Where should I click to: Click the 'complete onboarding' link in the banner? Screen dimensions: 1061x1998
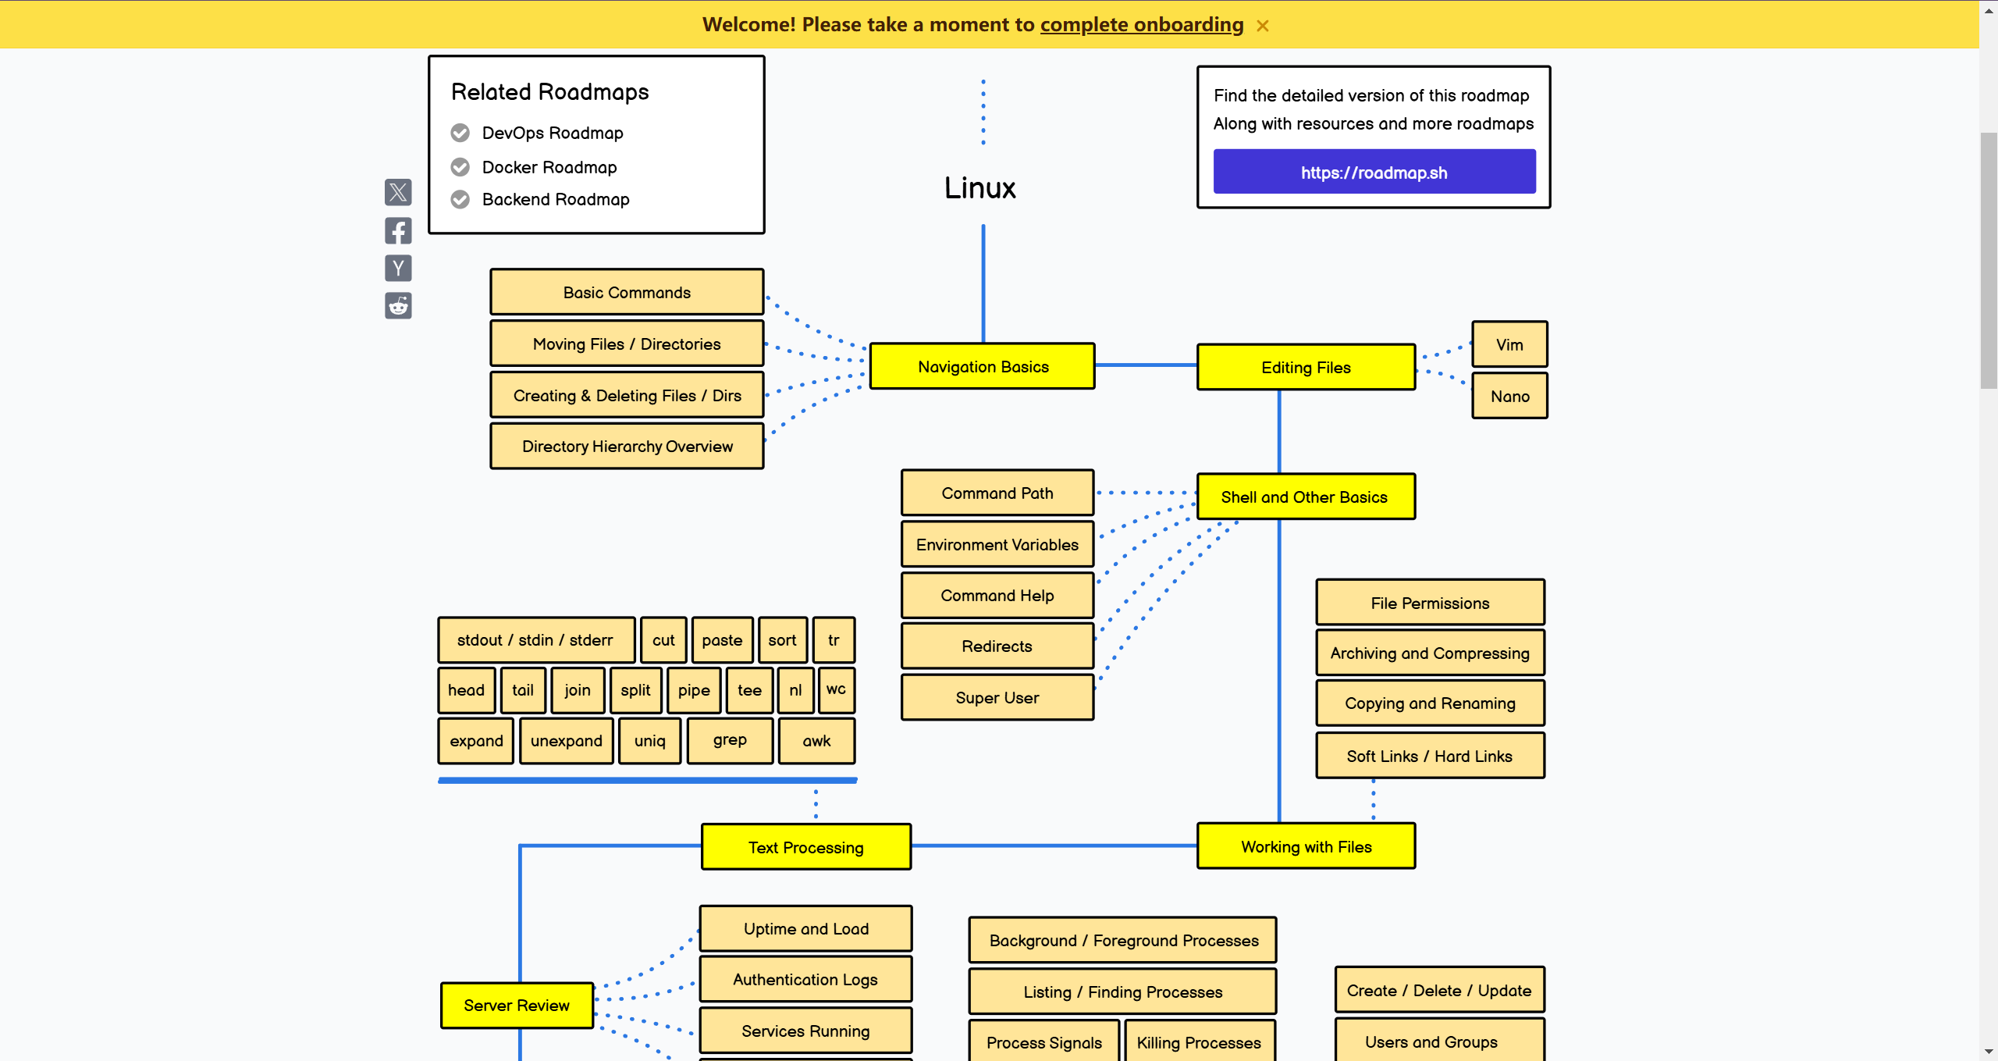pos(1141,25)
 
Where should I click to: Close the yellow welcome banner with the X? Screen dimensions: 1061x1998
pos(1263,26)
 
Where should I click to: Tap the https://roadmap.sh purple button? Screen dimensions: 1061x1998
pos(1374,172)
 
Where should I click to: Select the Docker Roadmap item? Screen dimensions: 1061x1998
pos(549,167)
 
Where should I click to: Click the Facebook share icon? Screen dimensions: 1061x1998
pos(398,231)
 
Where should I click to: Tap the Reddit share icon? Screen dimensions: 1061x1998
pos(398,306)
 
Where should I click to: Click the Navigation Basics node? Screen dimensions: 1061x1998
pos(982,366)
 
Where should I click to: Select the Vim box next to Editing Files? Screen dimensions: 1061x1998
pos(1509,344)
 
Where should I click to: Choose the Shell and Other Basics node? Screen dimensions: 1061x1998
pos(1305,497)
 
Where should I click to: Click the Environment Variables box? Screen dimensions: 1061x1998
pos(997,544)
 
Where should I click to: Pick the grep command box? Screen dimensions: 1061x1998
pos(729,740)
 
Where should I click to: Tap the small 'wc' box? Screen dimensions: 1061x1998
pos(835,689)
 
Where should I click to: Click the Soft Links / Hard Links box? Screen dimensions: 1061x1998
pos(1429,756)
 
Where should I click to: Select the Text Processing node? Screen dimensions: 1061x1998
pos(805,847)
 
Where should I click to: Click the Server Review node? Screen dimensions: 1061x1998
pos(517,1005)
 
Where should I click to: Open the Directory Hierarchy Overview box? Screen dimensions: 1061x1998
pos(627,447)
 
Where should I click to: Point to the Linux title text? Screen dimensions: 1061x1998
pos(979,188)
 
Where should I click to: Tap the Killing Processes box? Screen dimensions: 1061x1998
pos(1198,1042)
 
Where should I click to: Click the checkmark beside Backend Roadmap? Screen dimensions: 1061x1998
pos(460,200)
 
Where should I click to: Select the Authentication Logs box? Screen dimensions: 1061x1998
pos(805,979)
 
